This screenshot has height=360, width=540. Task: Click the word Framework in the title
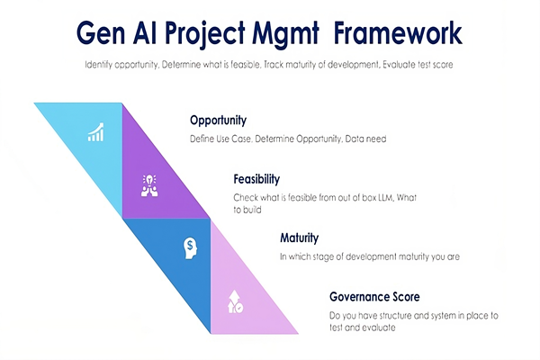(398, 33)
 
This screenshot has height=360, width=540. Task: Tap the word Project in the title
(205, 35)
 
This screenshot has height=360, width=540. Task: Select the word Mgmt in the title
(285, 35)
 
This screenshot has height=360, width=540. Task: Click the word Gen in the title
(101, 33)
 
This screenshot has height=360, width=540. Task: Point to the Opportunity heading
(219, 121)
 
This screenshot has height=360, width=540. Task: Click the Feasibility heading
(256, 179)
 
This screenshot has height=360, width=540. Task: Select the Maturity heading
(300, 238)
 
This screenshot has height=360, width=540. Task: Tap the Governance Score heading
(374, 297)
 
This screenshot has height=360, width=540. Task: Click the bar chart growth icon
(95, 132)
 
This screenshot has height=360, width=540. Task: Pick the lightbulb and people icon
(149, 185)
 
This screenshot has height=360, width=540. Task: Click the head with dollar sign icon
(190, 248)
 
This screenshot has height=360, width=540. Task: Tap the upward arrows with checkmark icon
(235, 301)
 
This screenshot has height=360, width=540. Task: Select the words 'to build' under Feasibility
(247, 210)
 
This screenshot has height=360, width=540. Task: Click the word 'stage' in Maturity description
(323, 257)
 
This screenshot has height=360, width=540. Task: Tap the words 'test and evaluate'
(363, 328)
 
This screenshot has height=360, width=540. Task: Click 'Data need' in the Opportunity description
(365, 139)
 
